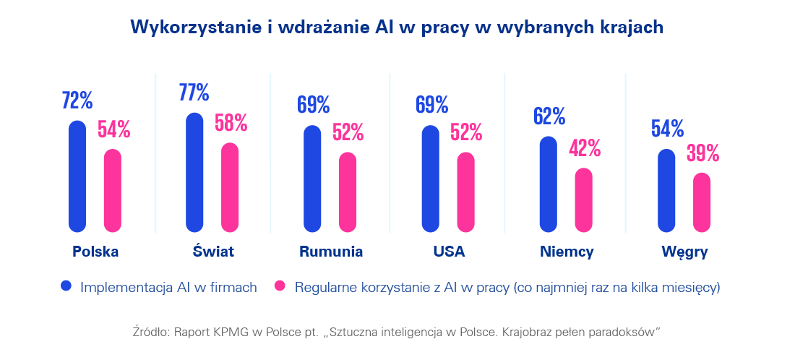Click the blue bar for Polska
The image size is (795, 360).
point(77,176)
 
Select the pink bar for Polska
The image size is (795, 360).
point(113,191)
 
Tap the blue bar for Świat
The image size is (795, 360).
point(194,173)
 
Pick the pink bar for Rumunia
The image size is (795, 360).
point(348,192)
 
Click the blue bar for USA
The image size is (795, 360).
point(430,179)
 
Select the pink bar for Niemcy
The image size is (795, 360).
point(583,200)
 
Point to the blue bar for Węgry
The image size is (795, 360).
point(666,191)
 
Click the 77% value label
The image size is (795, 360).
point(194,93)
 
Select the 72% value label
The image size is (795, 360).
point(77,100)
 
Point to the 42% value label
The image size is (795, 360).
point(585,148)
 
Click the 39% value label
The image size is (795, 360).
point(702,153)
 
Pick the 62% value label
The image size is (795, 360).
point(549,116)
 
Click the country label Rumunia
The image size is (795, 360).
point(331,252)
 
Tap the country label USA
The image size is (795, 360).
point(449,252)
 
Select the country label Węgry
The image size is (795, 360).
point(684,253)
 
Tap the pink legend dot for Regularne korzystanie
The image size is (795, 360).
point(279,286)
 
